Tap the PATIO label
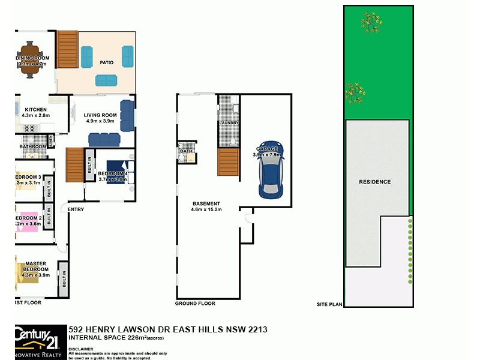107,62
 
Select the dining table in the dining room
30,59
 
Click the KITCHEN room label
35,110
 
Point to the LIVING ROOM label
100,115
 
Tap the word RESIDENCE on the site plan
374,182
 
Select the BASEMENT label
206,203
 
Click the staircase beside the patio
67,49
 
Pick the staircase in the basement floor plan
228,162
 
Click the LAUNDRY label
229,123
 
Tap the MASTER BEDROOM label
36,267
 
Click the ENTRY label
76,209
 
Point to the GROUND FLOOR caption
195,304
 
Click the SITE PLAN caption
329,305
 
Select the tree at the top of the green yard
371,22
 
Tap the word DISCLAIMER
81,348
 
